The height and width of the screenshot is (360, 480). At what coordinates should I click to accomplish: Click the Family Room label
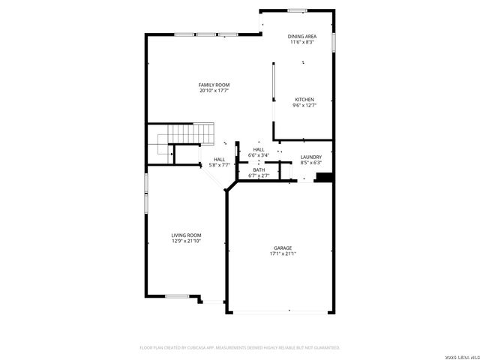214,85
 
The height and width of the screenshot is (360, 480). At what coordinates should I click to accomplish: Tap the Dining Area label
301,36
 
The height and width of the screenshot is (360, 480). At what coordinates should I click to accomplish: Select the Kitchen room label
304,100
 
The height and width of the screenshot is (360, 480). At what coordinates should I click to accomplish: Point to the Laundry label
310,157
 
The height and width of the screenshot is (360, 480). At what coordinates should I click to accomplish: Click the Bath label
259,169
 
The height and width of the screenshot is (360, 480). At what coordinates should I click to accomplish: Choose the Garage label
282,247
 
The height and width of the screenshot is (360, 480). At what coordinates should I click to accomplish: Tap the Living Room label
186,235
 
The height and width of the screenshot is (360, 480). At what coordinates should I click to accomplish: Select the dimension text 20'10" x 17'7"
214,91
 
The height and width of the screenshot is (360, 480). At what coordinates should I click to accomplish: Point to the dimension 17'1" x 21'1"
282,253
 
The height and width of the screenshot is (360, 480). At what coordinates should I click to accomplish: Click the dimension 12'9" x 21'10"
186,241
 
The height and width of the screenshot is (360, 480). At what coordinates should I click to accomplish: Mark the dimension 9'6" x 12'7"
304,106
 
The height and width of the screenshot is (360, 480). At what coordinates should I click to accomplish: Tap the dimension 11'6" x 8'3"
301,42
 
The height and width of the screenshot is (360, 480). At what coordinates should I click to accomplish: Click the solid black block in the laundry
324,178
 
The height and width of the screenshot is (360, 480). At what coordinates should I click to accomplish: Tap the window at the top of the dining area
297,10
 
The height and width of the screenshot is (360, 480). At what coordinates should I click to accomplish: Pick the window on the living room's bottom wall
176,296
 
